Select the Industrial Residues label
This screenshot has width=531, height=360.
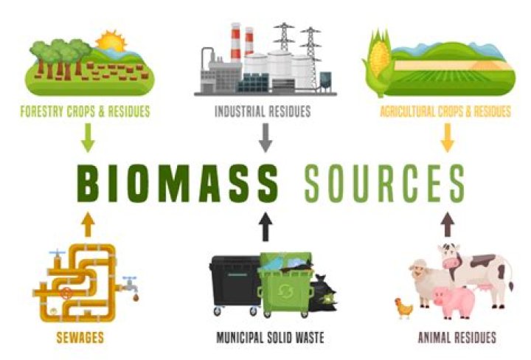[x=263, y=113]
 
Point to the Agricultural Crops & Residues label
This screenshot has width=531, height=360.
[x=445, y=113]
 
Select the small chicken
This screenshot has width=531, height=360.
[x=403, y=306]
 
